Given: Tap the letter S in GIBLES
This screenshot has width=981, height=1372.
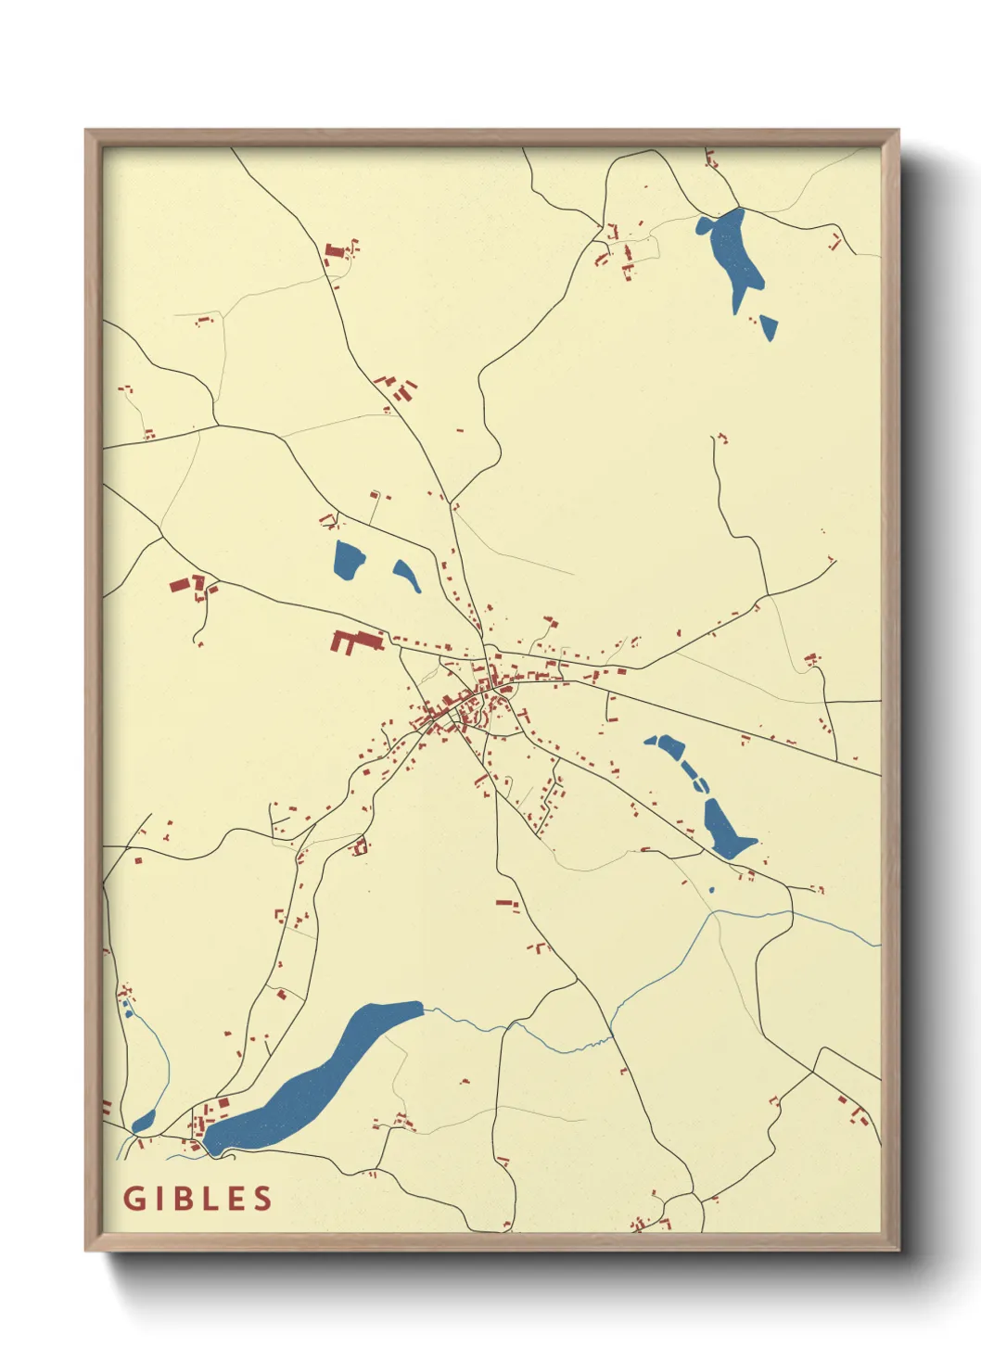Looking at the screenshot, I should tap(262, 1198).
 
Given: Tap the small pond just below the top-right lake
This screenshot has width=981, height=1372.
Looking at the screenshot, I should tap(769, 326).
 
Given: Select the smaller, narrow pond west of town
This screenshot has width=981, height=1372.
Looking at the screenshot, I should tap(406, 575).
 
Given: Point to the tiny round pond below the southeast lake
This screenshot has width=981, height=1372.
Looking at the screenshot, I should tap(711, 891).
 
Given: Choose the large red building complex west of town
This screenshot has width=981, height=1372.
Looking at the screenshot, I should tap(352, 642).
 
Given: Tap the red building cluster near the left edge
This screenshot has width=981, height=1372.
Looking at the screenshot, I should tap(188, 586).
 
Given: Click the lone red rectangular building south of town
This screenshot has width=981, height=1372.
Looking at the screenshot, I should tap(505, 901).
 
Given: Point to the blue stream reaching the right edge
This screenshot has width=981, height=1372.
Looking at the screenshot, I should tap(834, 922).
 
